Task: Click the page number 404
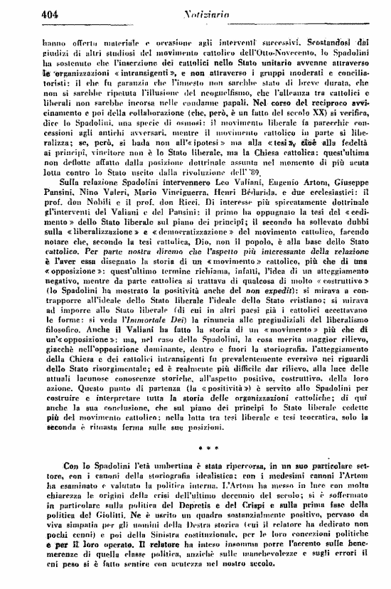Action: [x=31, y=11]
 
